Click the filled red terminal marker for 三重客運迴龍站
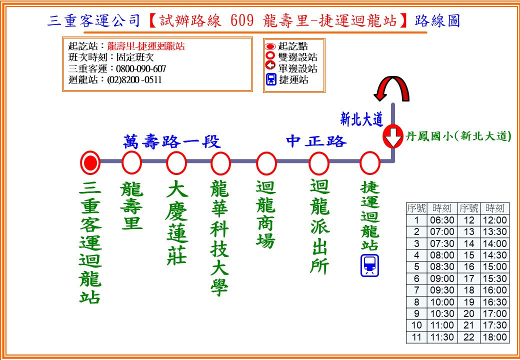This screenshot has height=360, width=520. (90, 162)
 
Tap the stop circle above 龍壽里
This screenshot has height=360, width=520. (131, 162)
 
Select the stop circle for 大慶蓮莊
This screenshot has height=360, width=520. (176, 162)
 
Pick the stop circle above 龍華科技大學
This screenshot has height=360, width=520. (220, 162)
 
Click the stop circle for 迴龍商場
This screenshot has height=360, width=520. (266, 162)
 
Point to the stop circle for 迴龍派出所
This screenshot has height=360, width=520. (318, 162)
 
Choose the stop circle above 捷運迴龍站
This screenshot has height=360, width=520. (370, 162)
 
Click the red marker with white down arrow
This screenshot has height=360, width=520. (393, 136)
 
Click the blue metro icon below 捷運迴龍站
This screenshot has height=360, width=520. (370, 265)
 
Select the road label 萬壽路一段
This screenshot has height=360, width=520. (172, 142)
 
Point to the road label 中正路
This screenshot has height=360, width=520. (316, 141)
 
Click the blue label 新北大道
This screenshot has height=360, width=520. (362, 118)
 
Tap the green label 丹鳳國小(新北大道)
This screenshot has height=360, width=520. (458, 136)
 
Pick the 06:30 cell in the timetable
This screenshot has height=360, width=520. (442, 220)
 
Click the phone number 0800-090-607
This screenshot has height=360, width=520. (141, 69)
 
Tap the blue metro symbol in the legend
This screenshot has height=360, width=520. (271, 79)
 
